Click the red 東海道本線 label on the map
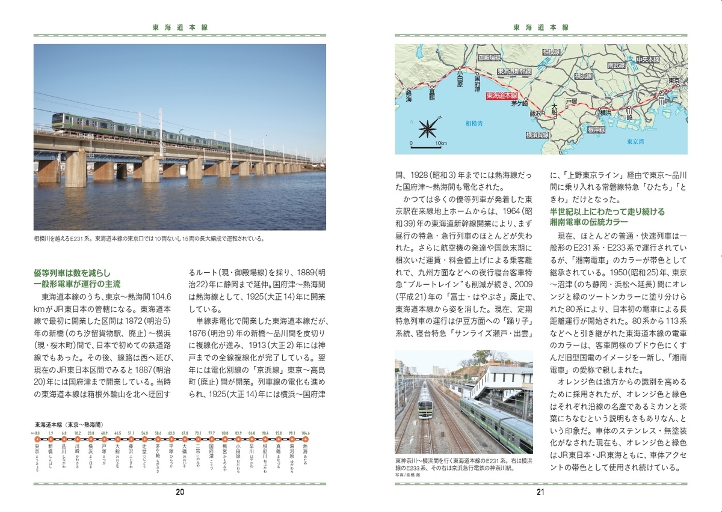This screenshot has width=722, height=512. [501, 95]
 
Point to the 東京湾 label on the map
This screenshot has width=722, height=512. [635, 142]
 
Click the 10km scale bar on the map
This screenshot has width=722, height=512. [425, 145]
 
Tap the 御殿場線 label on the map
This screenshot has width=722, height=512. [489, 58]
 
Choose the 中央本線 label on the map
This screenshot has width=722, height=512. [648, 59]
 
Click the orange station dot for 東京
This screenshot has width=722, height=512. [37, 439]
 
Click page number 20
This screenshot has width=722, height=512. [180, 493]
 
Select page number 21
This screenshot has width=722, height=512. [540, 493]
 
